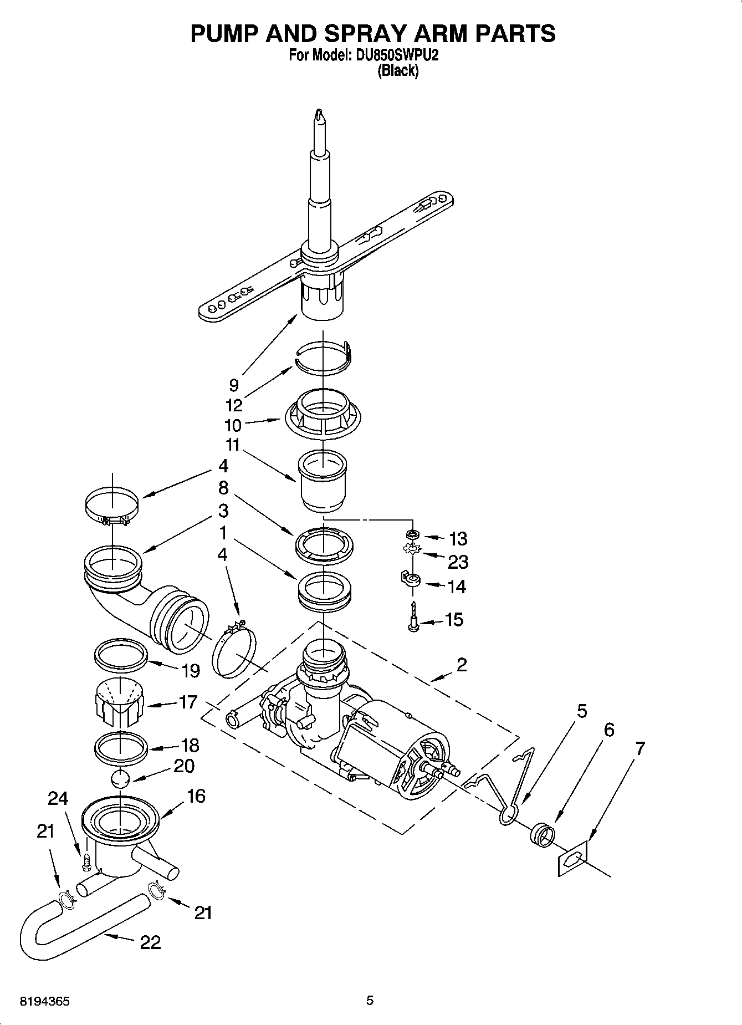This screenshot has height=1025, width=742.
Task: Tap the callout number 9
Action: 233,385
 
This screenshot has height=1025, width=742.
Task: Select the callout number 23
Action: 458,562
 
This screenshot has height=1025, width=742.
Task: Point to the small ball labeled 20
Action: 120,778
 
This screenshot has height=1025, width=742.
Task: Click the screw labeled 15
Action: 413,617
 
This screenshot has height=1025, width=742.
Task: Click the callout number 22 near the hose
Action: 150,942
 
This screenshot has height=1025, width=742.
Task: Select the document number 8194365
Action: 44,1002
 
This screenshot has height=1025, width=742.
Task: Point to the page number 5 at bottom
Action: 370,1001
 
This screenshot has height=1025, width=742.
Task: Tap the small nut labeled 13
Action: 412,535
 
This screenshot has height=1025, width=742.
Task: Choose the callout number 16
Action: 196,796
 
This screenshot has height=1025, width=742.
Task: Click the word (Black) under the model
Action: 397,71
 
